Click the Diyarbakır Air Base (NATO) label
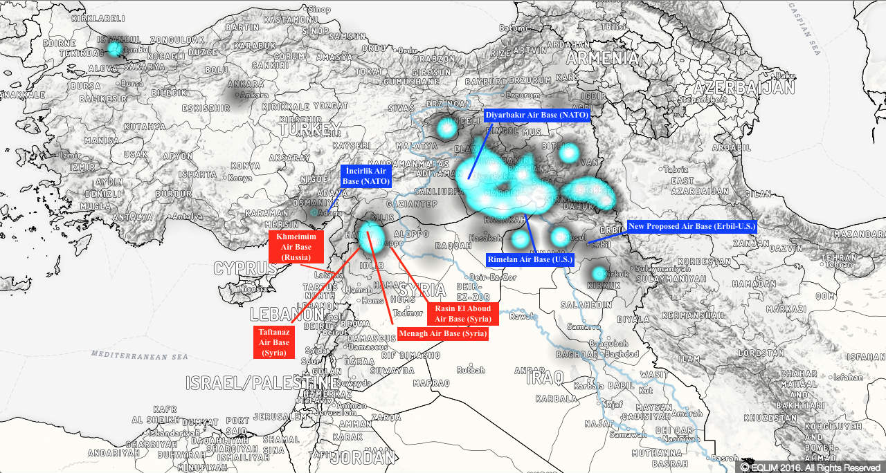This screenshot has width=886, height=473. (537, 115)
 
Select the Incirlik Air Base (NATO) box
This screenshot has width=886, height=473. (366, 176)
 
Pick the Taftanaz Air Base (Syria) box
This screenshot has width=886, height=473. (274, 342)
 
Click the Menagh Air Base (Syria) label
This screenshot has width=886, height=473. (443, 334)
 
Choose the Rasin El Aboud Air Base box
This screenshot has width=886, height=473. (462, 313)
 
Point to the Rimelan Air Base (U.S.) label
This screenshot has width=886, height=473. (531, 259)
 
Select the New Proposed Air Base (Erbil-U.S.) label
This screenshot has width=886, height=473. (692, 226)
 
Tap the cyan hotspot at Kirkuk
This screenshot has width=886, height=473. (599, 273)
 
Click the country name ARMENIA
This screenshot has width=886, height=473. (602, 58)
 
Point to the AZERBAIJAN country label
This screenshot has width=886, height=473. (743, 88)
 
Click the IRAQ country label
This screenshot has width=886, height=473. (545, 378)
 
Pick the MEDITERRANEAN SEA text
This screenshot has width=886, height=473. (140, 356)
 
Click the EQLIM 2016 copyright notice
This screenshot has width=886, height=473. (811, 467)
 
